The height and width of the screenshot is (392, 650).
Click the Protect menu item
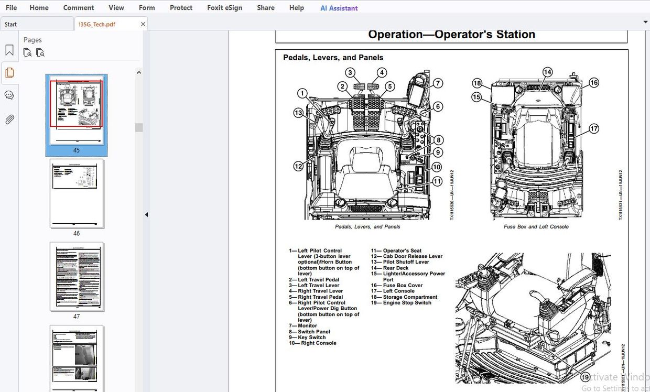click(x=181, y=8)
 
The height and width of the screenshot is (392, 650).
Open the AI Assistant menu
click(x=339, y=8)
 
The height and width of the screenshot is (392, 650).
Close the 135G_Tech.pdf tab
click(x=143, y=24)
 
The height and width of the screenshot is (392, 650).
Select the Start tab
click(x=11, y=24)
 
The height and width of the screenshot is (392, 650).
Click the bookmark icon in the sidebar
click(x=9, y=50)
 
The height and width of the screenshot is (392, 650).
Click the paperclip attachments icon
click(x=9, y=119)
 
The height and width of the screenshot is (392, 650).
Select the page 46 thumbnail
click(x=77, y=193)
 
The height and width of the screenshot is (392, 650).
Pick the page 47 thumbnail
click(x=77, y=276)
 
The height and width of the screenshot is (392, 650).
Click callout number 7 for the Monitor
click(x=438, y=83)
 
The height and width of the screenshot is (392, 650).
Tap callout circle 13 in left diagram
click(x=298, y=113)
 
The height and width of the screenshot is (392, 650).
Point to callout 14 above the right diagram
click(x=547, y=72)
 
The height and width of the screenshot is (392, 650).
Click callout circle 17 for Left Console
click(x=593, y=128)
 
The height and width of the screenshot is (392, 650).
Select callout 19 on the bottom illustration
click(x=586, y=376)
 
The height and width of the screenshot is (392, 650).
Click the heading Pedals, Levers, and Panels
click(x=333, y=58)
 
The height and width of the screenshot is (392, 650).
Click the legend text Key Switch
click(x=311, y=337)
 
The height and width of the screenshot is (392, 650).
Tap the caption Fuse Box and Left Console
click(x=536, y=227)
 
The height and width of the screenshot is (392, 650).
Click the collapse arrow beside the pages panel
click(x=146, y=214)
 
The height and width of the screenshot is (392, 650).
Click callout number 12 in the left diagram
click(x=298, y=166)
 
